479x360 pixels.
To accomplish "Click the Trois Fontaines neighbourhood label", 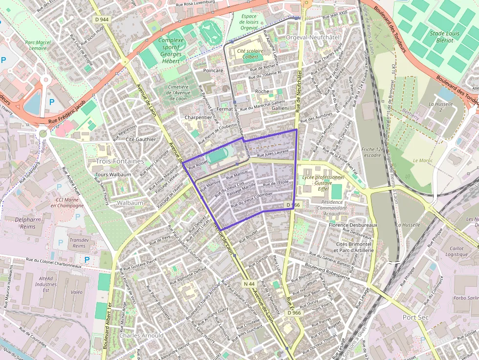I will tap(120, 161).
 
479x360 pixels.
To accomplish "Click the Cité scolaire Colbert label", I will tap(247, 53).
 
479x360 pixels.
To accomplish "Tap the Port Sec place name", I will tap(415, 317).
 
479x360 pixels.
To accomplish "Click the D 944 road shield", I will tap(102, 19).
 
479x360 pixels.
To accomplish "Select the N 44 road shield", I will tap(249, 283).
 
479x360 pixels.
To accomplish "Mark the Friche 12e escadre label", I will tap(372, 152).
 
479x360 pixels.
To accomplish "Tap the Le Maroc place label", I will tap(423, 160).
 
